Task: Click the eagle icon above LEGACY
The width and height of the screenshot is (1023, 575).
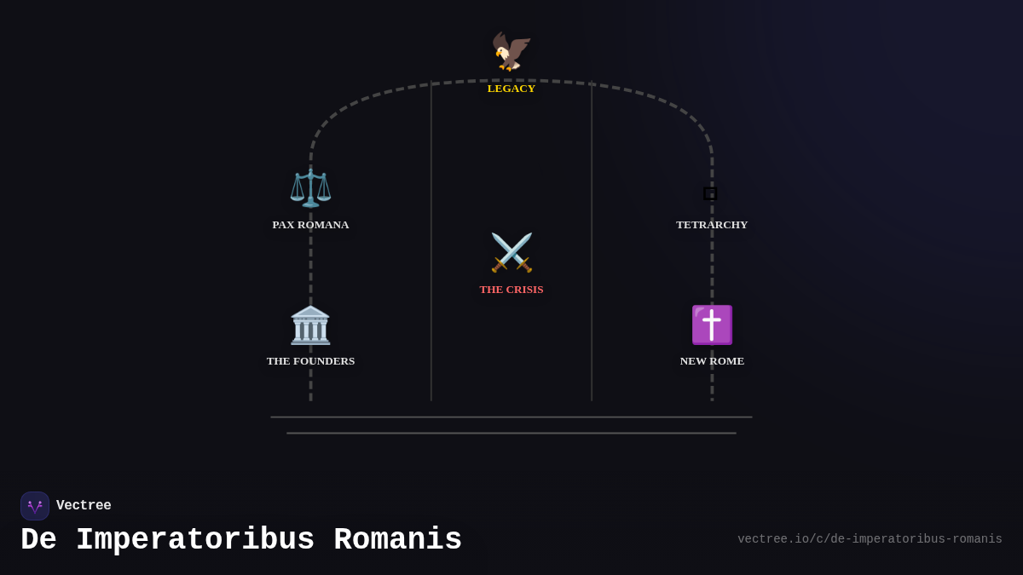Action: (511, 51)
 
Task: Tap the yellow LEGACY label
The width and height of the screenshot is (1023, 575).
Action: (511, 89)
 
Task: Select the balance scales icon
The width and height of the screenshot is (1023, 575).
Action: (310, 187)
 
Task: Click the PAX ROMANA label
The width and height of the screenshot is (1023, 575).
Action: (310, 225)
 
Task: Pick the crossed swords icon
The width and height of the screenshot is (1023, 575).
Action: (511, 252)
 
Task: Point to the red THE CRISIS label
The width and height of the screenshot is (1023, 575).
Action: (511, 290)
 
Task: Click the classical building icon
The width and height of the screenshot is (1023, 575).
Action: (310, 325)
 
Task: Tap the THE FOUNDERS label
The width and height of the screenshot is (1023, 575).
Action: (310, 361)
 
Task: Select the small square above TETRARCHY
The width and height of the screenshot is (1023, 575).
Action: (710, 193)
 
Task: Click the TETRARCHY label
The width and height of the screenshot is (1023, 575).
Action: (712, 225)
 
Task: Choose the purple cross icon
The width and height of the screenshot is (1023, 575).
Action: (712, 325)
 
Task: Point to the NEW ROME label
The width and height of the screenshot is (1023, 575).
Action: (712, 361)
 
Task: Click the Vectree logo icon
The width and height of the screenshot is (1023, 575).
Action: (35, 506)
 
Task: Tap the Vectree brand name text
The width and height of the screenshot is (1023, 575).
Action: (84, 506)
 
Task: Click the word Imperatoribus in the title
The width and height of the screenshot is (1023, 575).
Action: (195, 540)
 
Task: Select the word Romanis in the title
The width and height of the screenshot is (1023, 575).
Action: (397, 540)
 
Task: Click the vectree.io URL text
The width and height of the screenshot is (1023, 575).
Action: (870, 539)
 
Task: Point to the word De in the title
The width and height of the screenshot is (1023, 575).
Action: (38, 540)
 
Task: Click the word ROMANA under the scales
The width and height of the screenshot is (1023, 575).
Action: (323, 225)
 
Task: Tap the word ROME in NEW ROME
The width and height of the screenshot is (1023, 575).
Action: (727, 361)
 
